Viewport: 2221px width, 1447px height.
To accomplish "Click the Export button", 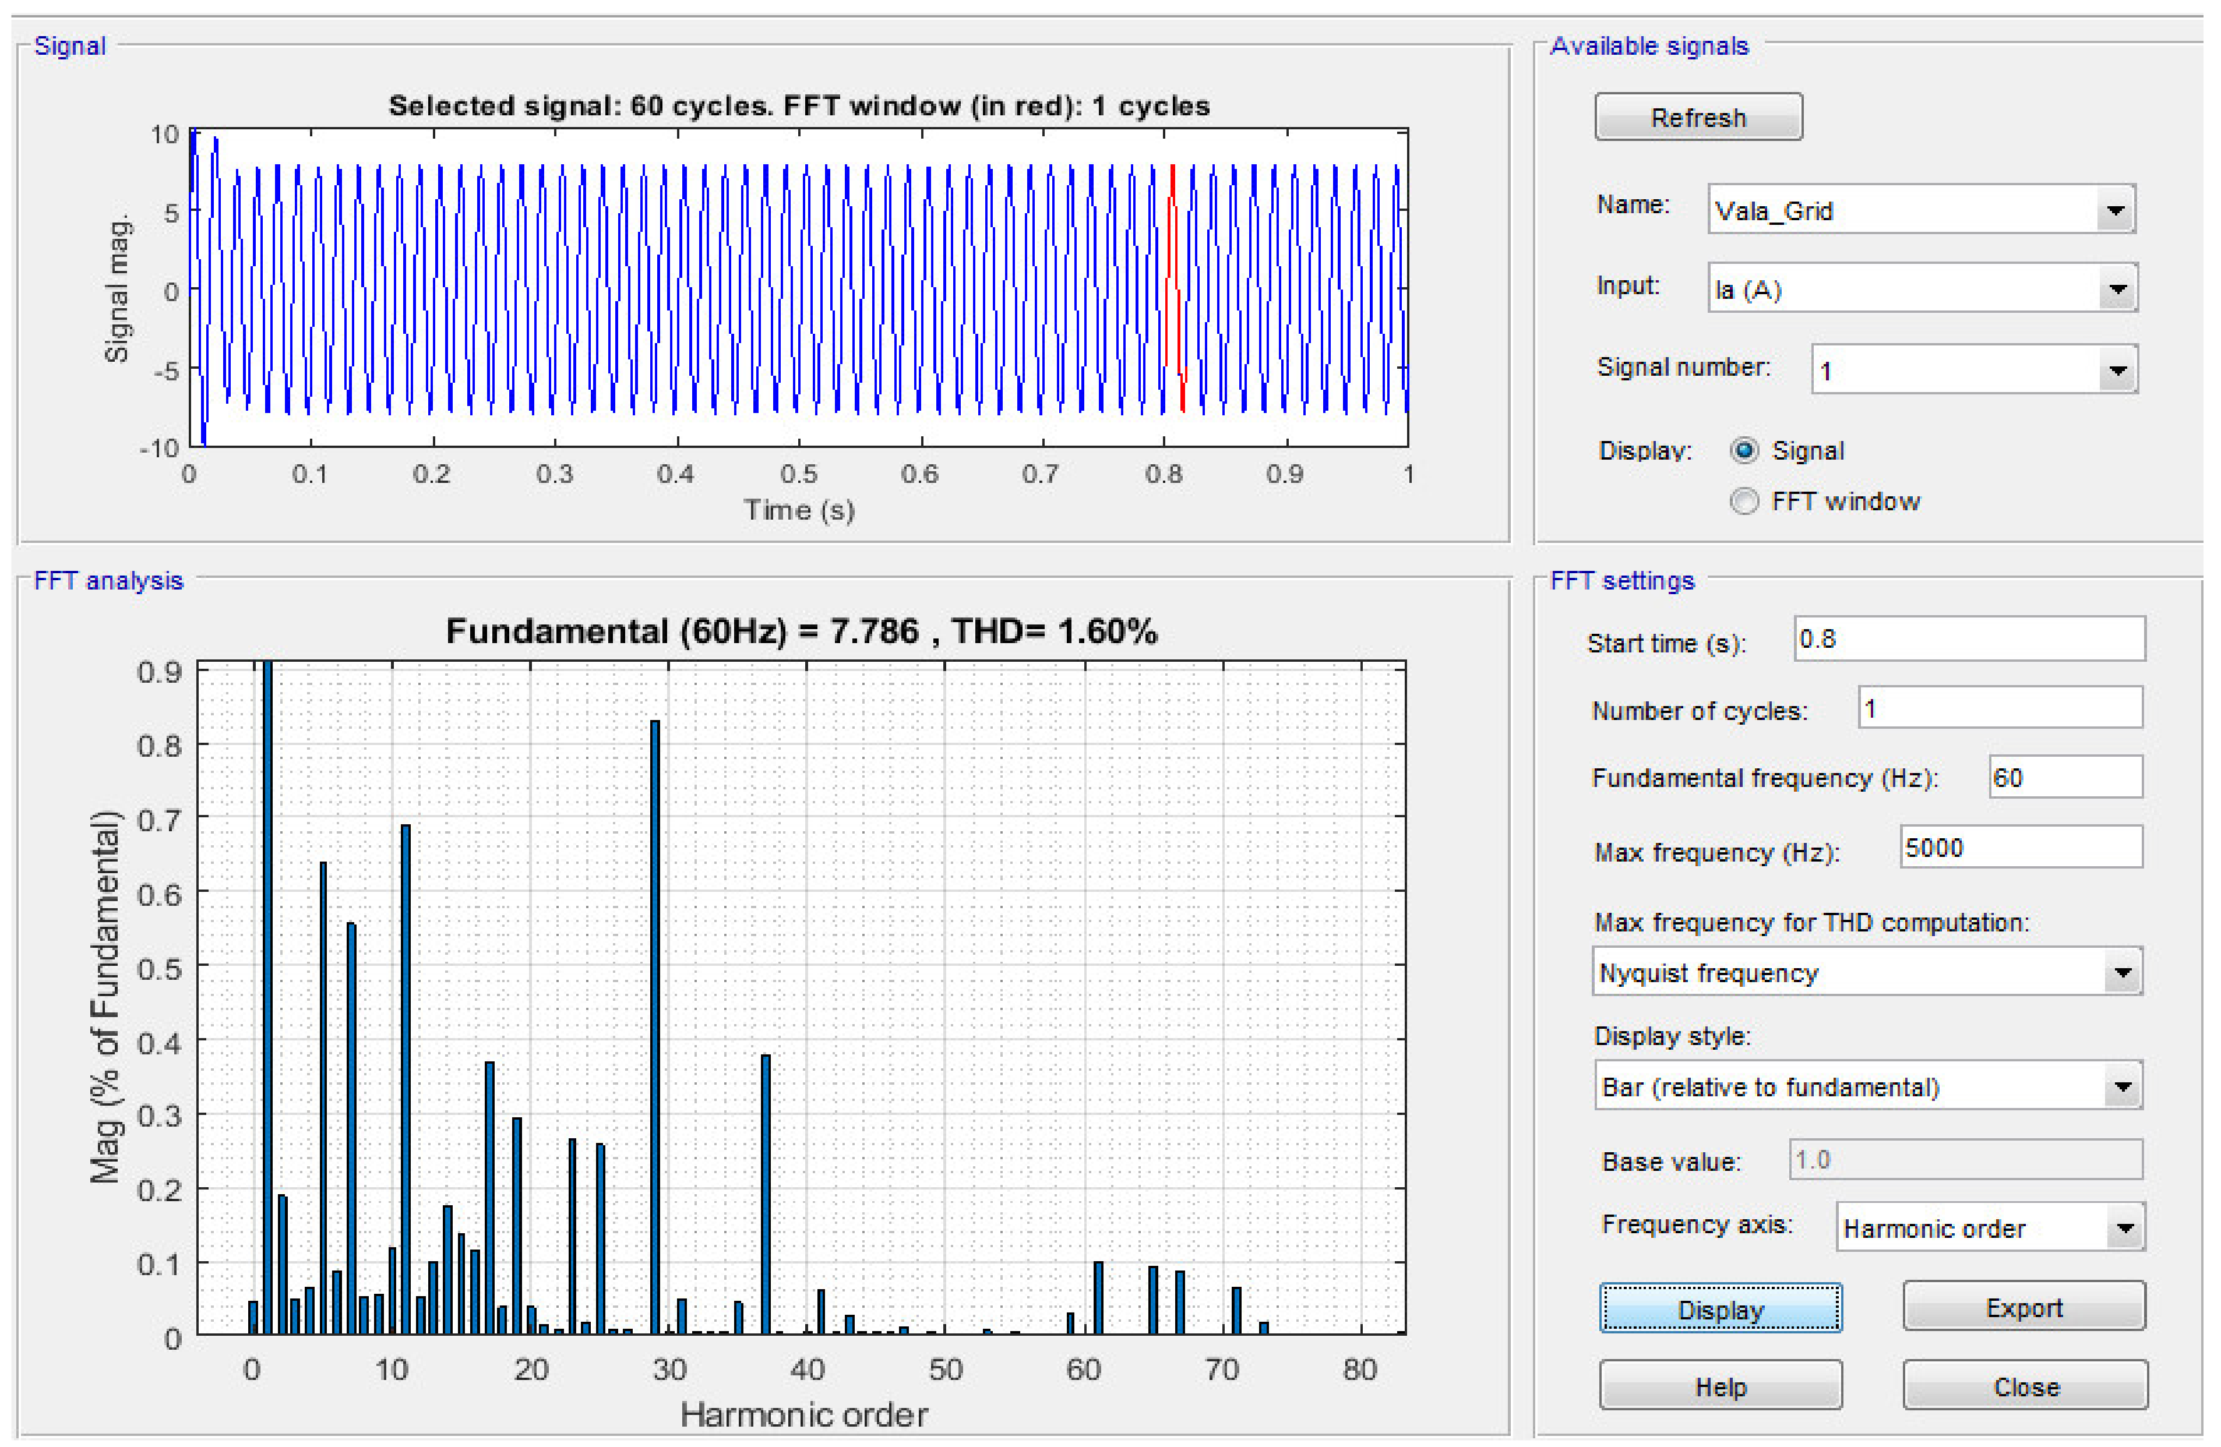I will click(2023, 1307).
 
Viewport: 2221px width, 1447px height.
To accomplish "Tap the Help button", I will click(1720, 1386).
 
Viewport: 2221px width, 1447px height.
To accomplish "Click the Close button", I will click(2025, 1386).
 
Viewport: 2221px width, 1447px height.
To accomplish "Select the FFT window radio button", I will click(1743, 502).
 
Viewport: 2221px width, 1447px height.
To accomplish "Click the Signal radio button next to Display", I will click(1743, 451).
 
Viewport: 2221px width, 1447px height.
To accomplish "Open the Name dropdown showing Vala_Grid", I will click(2114, 210).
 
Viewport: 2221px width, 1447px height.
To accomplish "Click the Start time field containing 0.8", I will click(1969, 639).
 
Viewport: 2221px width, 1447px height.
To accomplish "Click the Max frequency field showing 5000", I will click(2021, 848).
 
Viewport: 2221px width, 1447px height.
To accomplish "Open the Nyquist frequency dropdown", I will click(2122, 973).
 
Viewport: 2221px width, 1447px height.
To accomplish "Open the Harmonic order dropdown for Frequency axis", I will click(2124, 1228).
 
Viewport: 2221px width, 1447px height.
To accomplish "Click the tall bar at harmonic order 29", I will click(655, 1026).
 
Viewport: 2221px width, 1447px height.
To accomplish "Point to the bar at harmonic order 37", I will click(765, 1194).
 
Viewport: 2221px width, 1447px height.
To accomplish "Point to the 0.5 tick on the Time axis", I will click(799, 474).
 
